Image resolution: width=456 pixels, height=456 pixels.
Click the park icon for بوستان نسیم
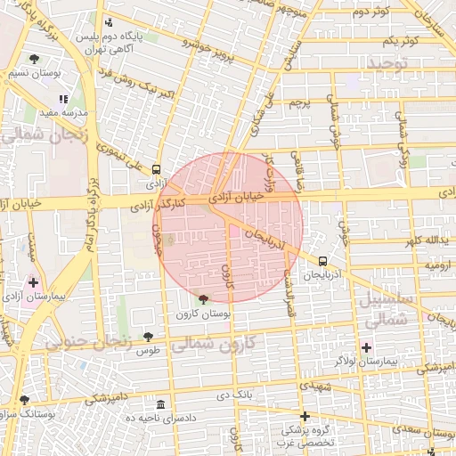34,59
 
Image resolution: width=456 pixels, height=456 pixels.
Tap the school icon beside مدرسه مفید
62,100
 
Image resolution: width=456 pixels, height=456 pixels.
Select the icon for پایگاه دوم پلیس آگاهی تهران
109,22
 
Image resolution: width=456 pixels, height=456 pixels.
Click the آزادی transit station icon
157,169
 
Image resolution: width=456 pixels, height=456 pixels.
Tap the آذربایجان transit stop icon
322,262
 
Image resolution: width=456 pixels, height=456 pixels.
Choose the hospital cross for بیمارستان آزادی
34,281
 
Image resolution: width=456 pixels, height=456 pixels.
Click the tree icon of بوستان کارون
204,300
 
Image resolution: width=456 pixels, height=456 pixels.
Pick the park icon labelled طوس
148,337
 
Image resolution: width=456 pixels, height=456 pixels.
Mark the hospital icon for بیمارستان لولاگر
366,346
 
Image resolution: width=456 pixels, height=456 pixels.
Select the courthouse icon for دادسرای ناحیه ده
159,405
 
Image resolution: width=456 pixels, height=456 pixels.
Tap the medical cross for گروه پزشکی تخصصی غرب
305,416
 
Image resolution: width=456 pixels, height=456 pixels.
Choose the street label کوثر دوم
372,12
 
